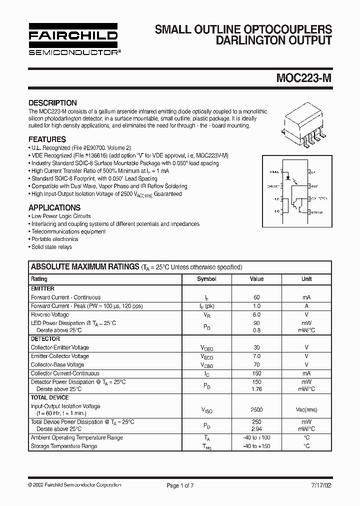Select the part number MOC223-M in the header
pyautogui.click(x=303, y=78)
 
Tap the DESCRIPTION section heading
pyautogui.click(x=52, y=102)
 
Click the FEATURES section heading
pyautogui.click(x=47, y=139)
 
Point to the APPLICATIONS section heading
pyautogui.click(x=54, y=207)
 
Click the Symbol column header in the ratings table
pyautogui.click(x=206, y=279)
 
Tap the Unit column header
pyautogui.click(x=306, y=279)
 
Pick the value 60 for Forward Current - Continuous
pyautogui.click(x=256, y=297)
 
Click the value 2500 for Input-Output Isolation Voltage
pyautogui.click(x=256, y=409)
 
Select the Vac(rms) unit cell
pyautogui.click(x=306, y=409)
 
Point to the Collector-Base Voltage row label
pyautogui.click(x=57, y=365)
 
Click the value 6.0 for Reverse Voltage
pyautogui.click(x=256, y=315)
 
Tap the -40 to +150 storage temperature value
pyautogui.click(x=256, y=446)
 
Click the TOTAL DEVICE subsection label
pyautogui.click(x=50, y=397)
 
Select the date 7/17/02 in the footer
pyautogui.click(x=319, y=485)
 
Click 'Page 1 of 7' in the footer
pyautogui.click(x=180, y=485)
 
